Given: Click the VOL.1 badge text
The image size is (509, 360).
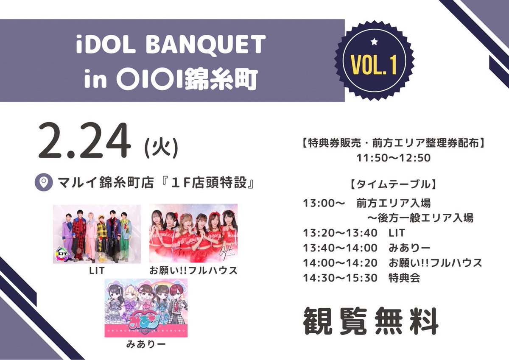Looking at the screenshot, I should (374, 64).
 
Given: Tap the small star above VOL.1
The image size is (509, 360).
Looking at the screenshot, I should (374, 42).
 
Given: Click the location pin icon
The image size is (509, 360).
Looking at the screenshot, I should (42, 183).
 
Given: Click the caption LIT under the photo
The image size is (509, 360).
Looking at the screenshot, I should (97, 270).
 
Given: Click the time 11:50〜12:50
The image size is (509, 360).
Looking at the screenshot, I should (394, 158).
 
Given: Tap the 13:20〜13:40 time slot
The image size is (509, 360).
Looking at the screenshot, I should (340, 233).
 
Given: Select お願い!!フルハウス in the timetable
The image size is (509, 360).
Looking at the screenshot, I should (435, 263).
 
